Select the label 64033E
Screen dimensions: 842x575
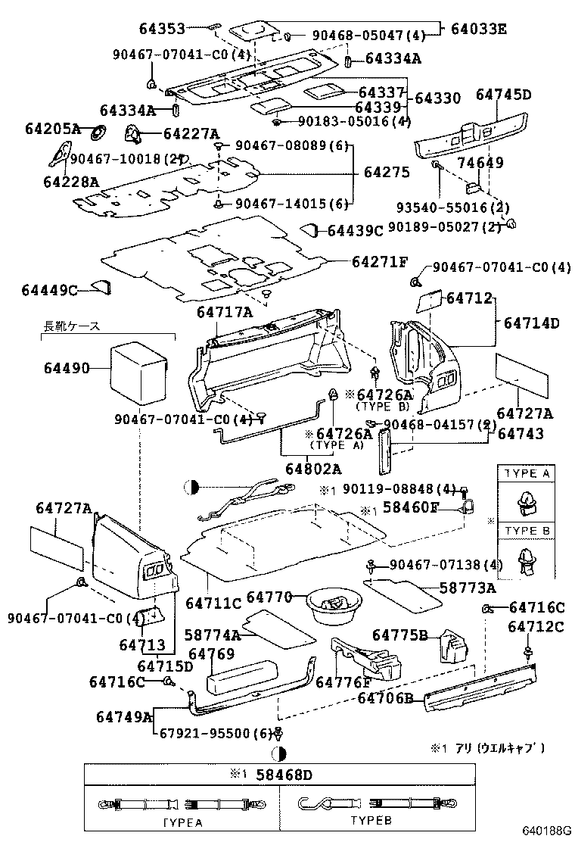[x=478, y=30]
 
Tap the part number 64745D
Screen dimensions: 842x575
[x=503, y=95]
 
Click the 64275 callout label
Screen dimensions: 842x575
[x=386, y=173]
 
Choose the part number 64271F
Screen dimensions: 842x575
[x=379, y=262]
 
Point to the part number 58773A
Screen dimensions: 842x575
[x=469, y=588]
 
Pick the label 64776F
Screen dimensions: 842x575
[x=343, y=682]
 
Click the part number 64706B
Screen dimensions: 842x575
[x=385, y=698]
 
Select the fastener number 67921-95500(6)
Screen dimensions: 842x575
[x=214, y=733]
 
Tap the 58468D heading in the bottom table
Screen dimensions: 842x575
[x=282, y=774]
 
